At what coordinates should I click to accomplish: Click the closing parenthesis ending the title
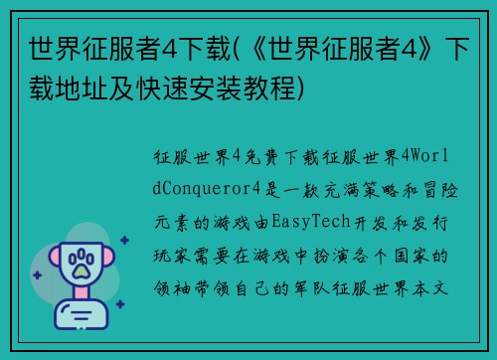309,88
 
